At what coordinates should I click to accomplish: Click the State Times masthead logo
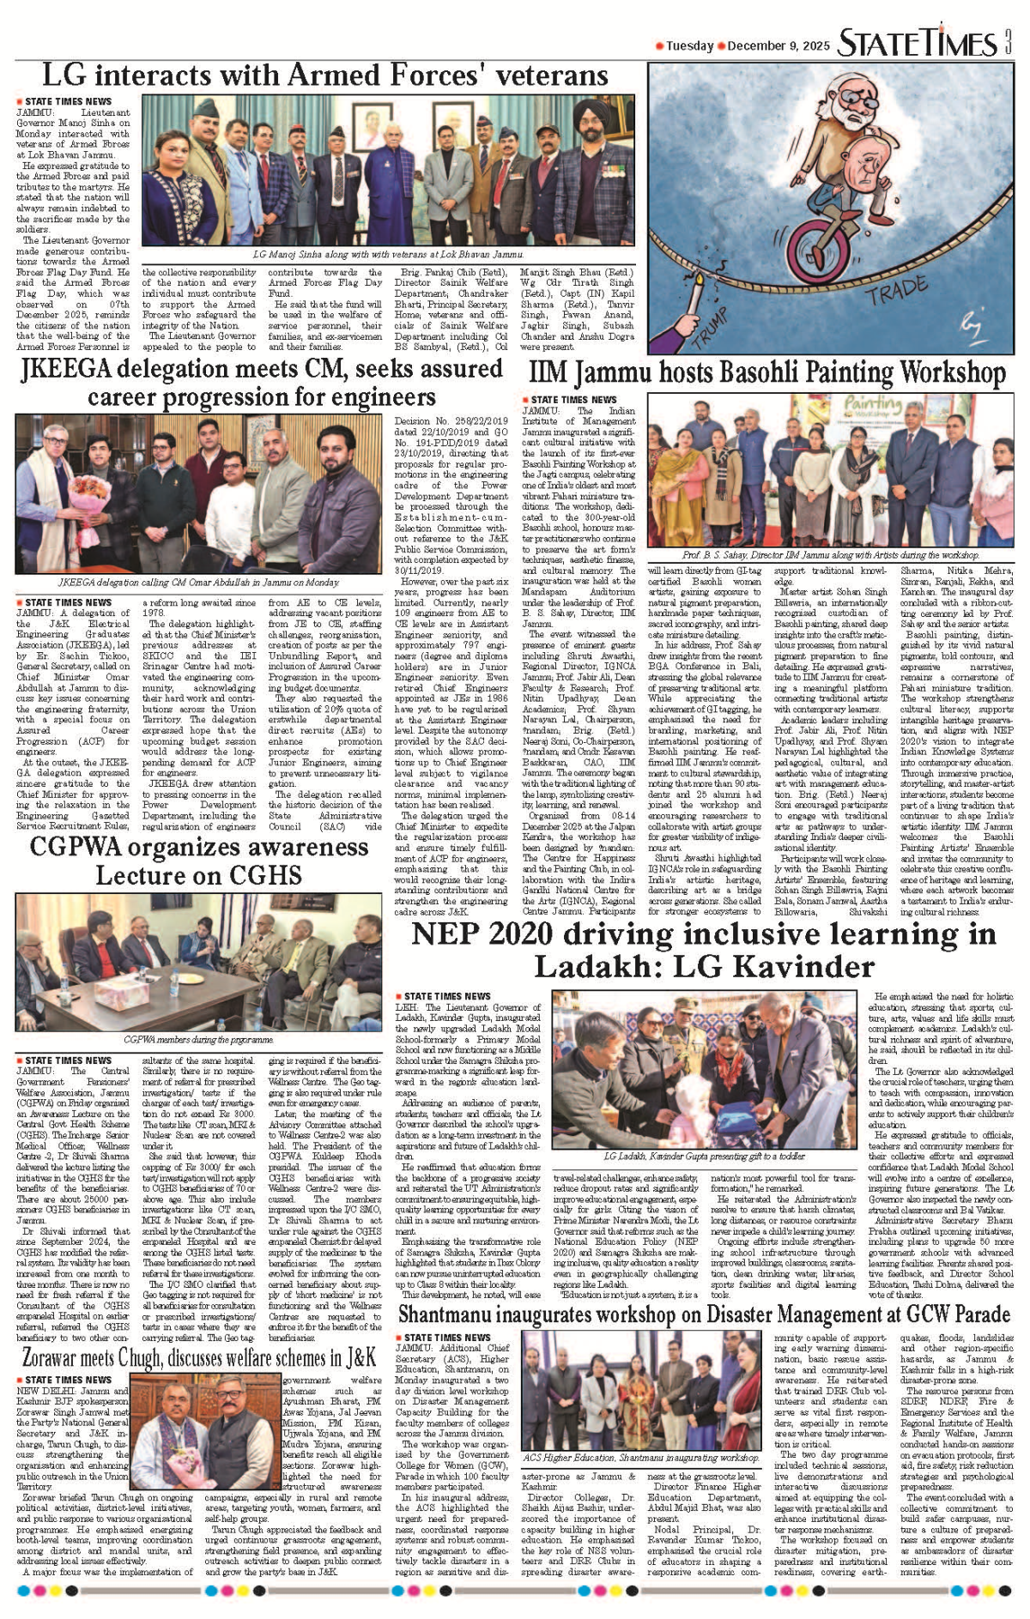coord(917,43)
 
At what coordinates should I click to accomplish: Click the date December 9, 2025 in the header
coord(779,46)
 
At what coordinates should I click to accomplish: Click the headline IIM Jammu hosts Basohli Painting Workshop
coord(766,373)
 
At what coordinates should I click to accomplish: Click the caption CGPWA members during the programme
coord(198,1039)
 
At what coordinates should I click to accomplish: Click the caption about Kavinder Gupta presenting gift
coord(705,1157)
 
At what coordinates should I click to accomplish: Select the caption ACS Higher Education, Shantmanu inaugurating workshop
coord(641,1458)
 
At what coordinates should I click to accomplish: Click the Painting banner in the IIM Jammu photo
coord(872,405)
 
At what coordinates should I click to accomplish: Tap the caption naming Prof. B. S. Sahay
coord(830,555)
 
